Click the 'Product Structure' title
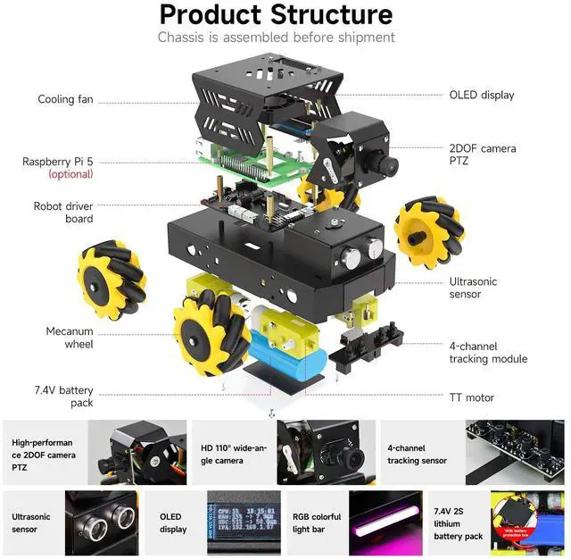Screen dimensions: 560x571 (276, 15)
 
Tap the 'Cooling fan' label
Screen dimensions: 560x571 (66, 99)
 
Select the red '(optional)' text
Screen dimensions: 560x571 (70, 174)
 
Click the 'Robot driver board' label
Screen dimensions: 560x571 (65, 213)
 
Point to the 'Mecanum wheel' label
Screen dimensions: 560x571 (70, 338)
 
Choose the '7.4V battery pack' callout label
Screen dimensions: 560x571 (63, 397)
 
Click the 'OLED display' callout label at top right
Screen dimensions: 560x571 (481, 95)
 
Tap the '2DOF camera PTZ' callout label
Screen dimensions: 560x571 (482, 155)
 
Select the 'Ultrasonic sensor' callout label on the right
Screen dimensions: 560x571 (473, 288)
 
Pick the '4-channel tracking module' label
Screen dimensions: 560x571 (487, 352)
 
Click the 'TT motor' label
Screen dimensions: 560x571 (473, 397)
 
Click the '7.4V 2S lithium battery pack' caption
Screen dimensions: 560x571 (459, 523)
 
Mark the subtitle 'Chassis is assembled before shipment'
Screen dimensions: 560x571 (276, 38)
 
